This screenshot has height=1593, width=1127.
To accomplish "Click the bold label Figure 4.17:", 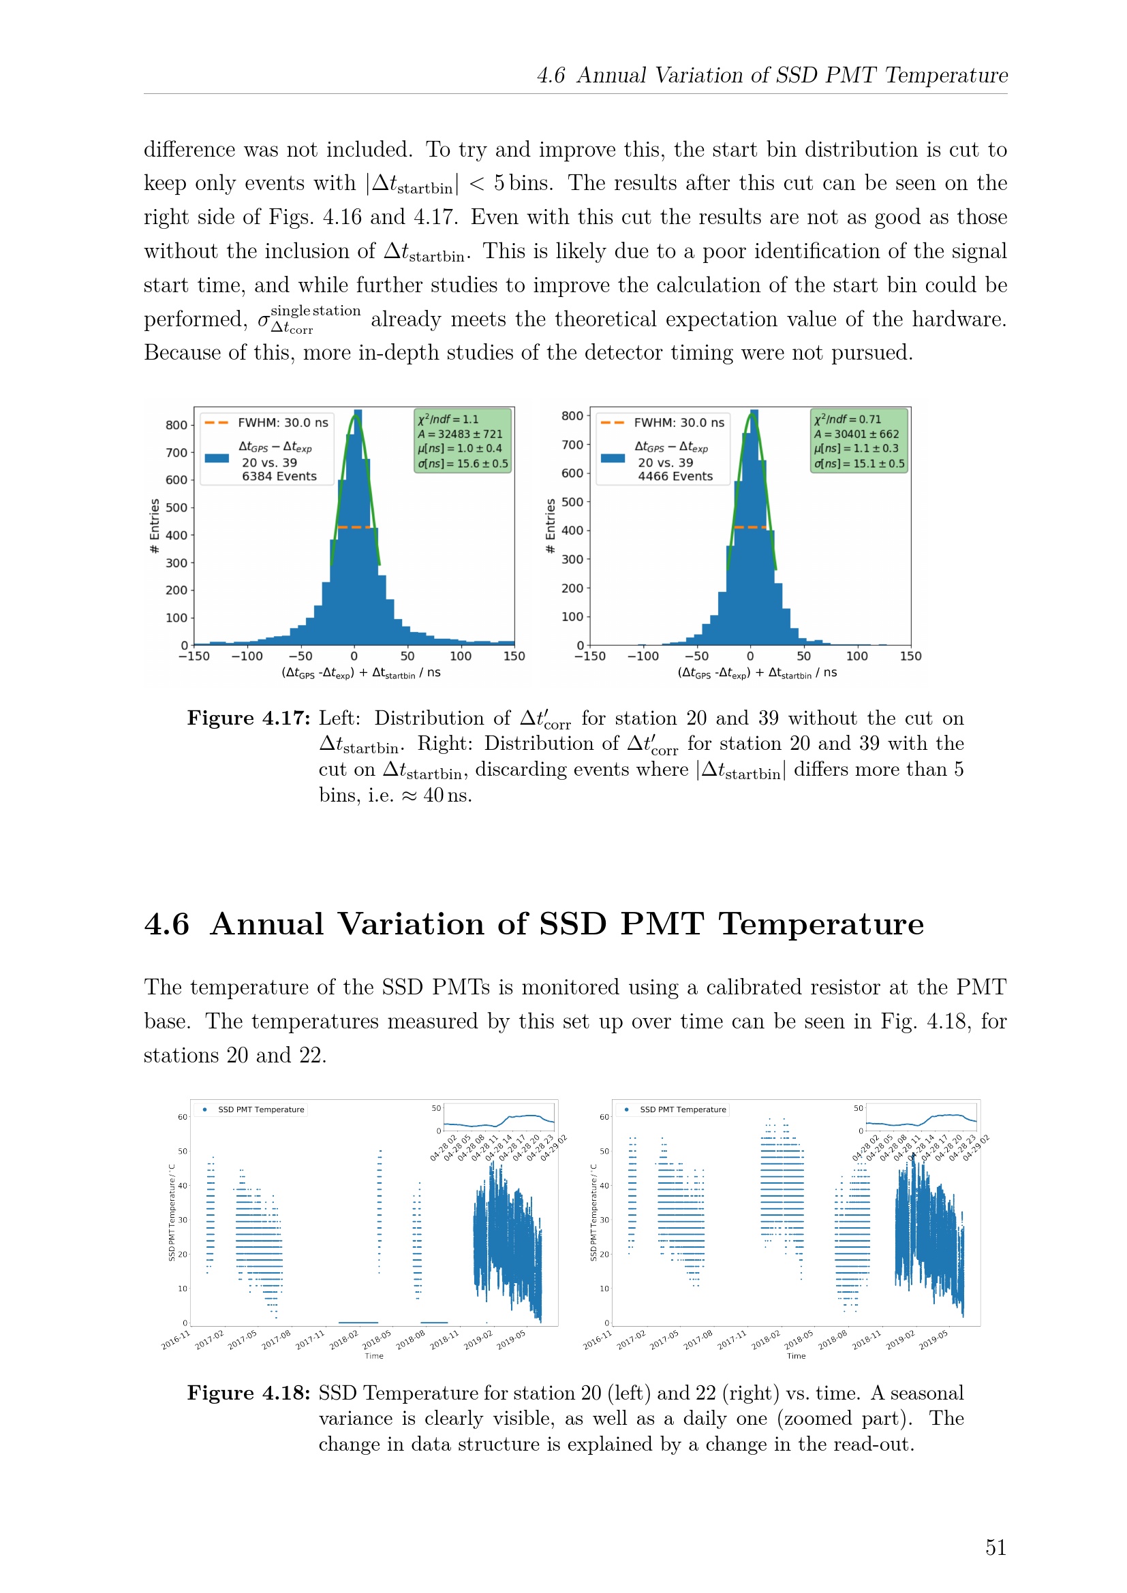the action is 249,718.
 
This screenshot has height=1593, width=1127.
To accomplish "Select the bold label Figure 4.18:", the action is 249,1393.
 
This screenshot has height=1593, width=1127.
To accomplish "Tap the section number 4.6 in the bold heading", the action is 166,924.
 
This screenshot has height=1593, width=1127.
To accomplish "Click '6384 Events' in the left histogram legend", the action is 279,476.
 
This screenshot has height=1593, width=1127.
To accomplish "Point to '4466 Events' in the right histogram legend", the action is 675,476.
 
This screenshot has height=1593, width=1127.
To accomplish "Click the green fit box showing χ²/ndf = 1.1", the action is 463,441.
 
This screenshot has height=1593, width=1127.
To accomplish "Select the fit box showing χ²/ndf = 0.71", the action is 859,441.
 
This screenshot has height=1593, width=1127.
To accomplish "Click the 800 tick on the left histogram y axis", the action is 176,424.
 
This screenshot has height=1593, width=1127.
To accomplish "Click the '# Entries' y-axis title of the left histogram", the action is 155,526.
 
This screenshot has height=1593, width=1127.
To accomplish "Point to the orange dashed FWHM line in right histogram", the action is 751,527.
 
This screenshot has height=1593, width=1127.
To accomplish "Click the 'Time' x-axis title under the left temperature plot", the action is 374,1356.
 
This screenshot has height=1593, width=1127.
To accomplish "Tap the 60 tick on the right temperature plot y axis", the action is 604,1117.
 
